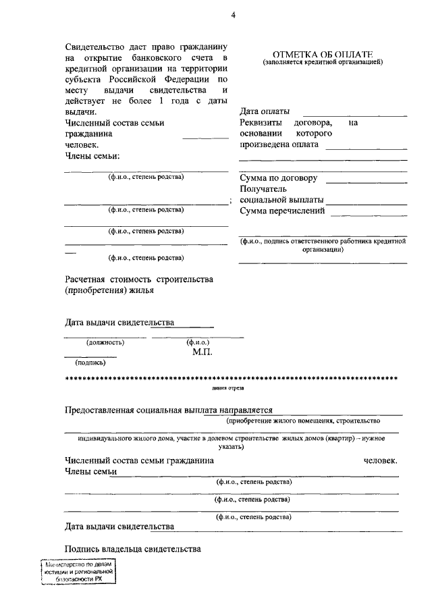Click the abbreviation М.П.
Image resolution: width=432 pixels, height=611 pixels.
coord(203,352)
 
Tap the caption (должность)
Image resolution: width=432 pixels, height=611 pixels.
coord(105,342)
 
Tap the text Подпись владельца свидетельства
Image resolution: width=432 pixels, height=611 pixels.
coord(133,550)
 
